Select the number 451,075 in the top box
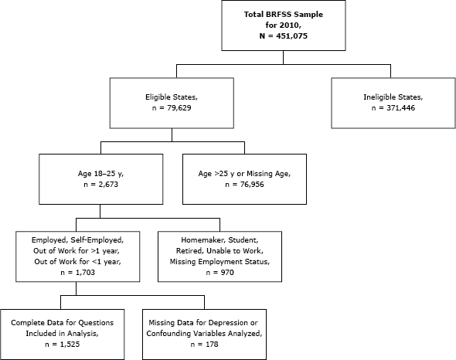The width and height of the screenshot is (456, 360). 288,36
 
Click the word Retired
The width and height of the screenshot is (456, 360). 186,252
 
